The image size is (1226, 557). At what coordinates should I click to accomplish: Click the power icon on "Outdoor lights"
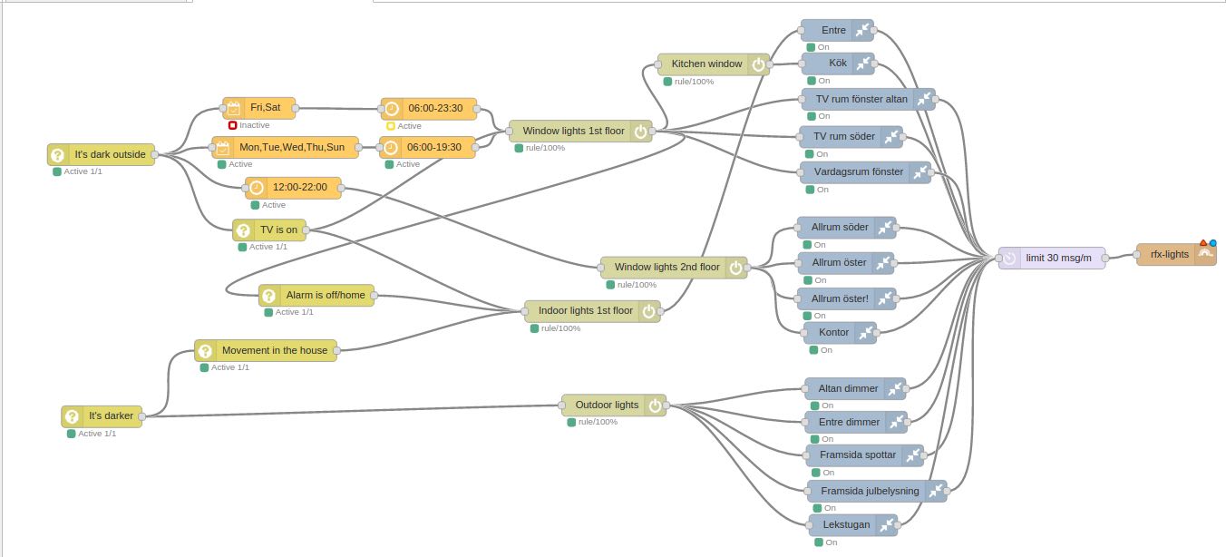(x=655, y=406)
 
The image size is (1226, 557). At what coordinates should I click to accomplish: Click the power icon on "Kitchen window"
(x=758, y=64)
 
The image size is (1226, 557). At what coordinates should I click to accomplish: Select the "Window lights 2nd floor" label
(x=667, y=268)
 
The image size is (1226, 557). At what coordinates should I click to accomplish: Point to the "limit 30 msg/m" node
(x=1052, y=259)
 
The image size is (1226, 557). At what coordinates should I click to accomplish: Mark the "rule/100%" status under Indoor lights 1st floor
(x=560, y=328)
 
